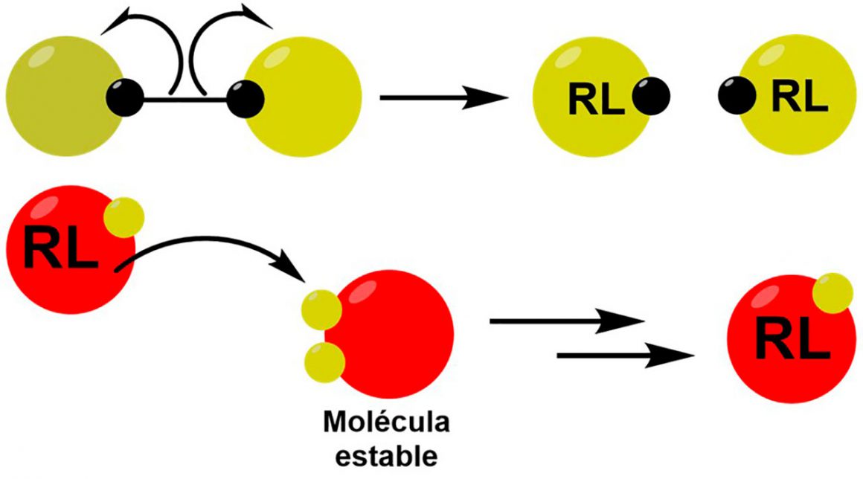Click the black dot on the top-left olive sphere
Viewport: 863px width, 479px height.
124,97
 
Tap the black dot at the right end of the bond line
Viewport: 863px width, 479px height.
245,97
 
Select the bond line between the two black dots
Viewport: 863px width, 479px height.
185,97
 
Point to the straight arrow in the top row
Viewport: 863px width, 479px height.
439,97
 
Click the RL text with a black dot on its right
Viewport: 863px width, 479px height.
597,99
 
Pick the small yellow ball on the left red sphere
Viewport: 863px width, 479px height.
123,218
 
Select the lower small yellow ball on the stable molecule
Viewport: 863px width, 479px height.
324,362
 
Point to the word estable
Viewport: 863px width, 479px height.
386,453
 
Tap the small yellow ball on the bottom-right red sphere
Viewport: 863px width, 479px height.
832,293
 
